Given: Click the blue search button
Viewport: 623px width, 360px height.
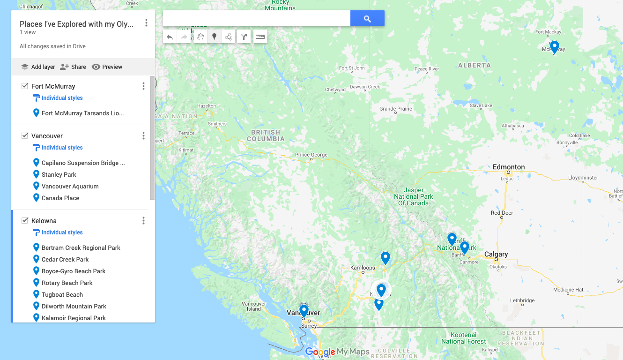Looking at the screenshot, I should click(x=367, y=19).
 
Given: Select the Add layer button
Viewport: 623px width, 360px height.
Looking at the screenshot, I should click(x=38, y=67).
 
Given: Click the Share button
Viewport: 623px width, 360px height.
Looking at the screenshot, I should click(x=73, y=67).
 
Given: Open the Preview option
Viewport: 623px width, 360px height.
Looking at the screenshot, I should click(x=107, y=67).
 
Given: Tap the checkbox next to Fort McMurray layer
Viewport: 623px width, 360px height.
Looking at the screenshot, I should click(x=25, y=86).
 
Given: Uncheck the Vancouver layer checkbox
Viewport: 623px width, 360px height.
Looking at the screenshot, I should click(x=25, y=136).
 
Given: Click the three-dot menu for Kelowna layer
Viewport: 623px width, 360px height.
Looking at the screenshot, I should click(x=143, y=221).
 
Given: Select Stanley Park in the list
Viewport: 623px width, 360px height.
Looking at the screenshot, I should click(x=59, y=174).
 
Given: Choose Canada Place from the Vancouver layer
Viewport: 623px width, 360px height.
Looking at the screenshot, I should click(x=60, y=198).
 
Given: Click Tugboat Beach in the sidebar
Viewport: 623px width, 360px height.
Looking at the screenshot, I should click(x=62, y=294).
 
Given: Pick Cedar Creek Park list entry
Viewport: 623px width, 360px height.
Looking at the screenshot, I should click(x=65, y=259).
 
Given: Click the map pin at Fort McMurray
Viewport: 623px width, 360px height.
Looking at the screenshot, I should click(x=554, y=47).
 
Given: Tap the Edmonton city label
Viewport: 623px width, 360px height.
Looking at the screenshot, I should click(x=509, y=167).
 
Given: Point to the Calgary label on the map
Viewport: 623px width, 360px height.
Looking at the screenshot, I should click(x=496, y=255).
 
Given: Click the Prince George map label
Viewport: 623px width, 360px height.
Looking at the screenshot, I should click(x=311, y=155).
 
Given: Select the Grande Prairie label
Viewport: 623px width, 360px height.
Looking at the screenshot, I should click(x=396, y=109).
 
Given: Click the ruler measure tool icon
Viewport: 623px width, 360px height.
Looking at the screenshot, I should click(x=260, y=37).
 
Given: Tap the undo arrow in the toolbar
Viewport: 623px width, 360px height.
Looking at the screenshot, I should click(x=170, y=37).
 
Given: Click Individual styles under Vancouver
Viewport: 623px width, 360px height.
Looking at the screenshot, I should click(x=62, y=148).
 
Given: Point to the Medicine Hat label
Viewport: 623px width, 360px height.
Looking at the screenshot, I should click(x=568, y=290).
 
